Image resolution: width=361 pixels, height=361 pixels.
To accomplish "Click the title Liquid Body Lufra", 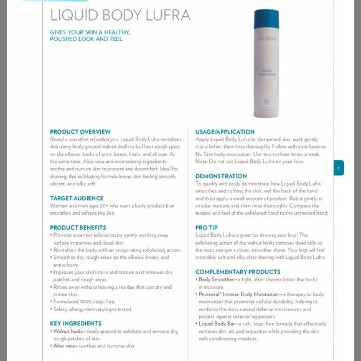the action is (120, 15).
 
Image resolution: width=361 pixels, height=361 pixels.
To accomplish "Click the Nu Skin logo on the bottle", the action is (266, 38).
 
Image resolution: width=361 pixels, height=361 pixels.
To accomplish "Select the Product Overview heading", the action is (80, 132).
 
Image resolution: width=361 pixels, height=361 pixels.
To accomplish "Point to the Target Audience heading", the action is (77, 198).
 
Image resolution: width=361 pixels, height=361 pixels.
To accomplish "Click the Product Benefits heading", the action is (78, 228).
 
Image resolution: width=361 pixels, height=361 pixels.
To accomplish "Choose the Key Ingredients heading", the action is (75, 324).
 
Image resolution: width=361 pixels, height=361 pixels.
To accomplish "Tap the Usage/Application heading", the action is (225, 132).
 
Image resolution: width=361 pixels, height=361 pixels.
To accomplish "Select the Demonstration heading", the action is (221, 176).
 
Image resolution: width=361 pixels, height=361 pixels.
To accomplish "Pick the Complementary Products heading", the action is (238, 272).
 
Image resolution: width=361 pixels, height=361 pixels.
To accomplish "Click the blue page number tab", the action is (339, 168).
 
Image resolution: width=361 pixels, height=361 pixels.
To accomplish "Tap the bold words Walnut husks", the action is (68, 331).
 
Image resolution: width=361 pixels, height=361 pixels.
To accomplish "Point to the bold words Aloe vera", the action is (64, 346).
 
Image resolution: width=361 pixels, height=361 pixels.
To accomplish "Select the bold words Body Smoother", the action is (216, 279).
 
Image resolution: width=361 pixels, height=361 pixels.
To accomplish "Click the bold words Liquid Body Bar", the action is (217, 324).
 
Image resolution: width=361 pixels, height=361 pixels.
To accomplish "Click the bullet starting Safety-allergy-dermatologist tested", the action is (93, 309).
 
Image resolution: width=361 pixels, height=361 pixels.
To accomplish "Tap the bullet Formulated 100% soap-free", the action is (84, 302).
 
